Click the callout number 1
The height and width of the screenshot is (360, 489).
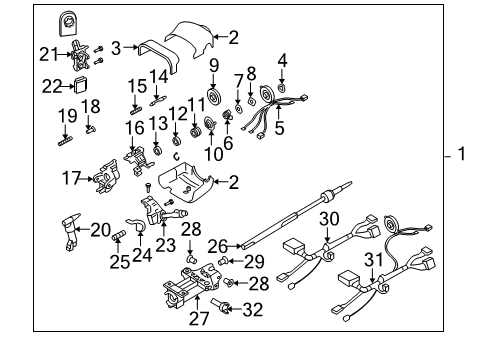[462, 156]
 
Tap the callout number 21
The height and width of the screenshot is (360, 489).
[48, 52]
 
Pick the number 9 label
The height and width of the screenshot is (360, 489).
[214, 67]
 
